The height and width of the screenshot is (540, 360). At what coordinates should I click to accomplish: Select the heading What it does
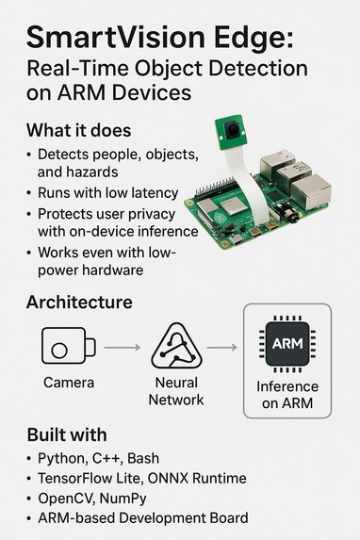click(x=80, y=130)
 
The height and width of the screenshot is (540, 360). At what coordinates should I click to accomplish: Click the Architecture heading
click(x=79, y=303)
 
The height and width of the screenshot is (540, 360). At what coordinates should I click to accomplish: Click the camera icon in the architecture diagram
click(x=68, y=347)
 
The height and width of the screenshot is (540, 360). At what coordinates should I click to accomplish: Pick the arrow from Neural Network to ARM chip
click(x=221, y=348)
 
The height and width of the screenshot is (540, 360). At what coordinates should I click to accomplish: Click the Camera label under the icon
click(x=68, y=384)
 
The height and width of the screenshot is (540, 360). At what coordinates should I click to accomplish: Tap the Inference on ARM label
click(x=287, y=396)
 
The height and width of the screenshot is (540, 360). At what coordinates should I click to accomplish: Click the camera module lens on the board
click(x=228, y=129)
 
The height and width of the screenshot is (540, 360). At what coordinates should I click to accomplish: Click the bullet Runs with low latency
click(x=108, y=193)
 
